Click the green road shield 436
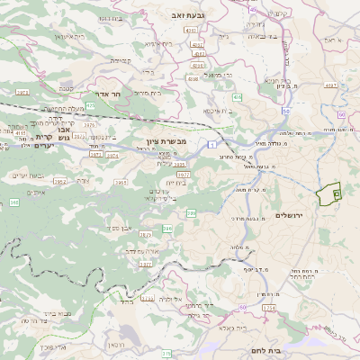[237, 95]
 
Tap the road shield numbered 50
[339, 115]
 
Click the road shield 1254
[268, 309]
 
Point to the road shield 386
[167, 229]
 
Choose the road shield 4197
[329, 85]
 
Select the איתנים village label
[36, 192]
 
